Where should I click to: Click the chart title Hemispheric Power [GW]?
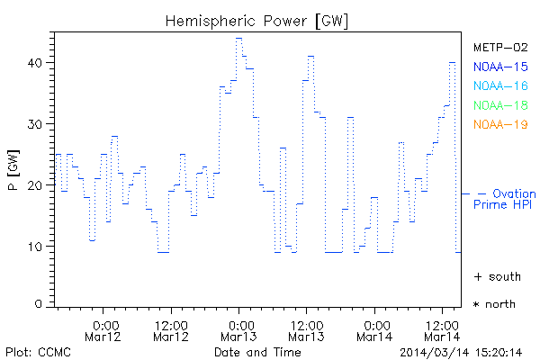tap(257, 19)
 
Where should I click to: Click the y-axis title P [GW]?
tap(13, 170)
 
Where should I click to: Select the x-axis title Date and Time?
tap(257, 352)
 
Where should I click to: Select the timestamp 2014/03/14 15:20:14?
tap(462, 352)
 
